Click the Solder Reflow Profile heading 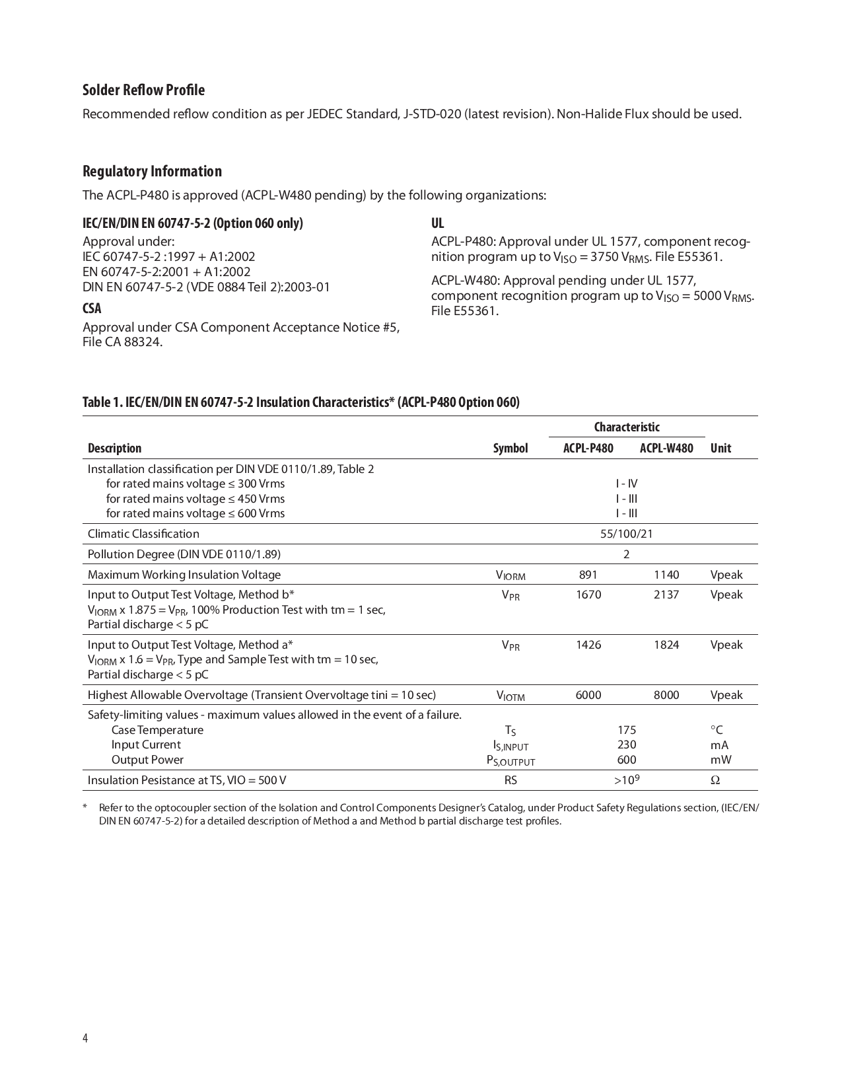[x=143, y=91]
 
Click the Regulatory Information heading [x=152, y=172]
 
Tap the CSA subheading [x=92, y=309]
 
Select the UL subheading [x=437, y=223]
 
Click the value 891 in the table [x=588, y=575]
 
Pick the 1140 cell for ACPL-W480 [x=666, y=575]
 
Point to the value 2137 [x=666, y=595]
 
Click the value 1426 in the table [x=588, y=645]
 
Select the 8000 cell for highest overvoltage [x=666, y=695]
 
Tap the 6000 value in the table [x=588, y=695]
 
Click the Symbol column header [x=510, y=449]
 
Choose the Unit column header [x=720, y=449]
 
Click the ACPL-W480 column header [x=666, y=449]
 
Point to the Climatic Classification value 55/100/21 [x=626, y=534]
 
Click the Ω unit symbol [x=715, y=780]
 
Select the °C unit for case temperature [x=717, y=730]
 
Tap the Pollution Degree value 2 [x=626, y=554]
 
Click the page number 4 [x=85, y=1038]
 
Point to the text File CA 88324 [x=122, y=342]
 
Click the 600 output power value [x=626, y=760]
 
